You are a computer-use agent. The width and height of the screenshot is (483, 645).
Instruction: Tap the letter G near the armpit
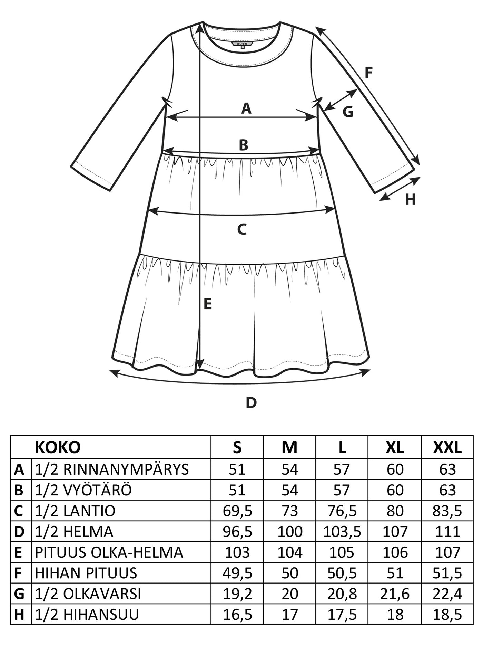pos(348,112)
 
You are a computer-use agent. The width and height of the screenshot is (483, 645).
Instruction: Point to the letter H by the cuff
pos(410,200)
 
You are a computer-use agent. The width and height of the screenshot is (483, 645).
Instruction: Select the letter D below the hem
pos(252,403)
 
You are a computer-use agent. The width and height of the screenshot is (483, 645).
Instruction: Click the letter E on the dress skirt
pos(207,304)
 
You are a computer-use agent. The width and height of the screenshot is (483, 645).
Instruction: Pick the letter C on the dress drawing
pos(242,229)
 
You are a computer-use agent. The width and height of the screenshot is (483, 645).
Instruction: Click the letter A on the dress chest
pos(246,108)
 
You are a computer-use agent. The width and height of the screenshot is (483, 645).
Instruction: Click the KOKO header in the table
pos(58,447)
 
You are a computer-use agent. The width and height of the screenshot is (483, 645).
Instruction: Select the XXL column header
pos(447,447)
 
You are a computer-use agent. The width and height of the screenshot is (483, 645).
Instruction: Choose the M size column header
pos(289,447)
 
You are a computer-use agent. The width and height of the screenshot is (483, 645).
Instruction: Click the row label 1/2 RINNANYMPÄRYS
pos(112,469)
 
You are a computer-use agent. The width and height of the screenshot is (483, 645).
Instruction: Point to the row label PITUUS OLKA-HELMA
pos(109,552)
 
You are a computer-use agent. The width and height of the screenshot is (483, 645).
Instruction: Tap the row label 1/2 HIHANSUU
pos(87,615)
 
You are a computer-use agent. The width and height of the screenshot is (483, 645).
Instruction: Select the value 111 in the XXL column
pos(447,532)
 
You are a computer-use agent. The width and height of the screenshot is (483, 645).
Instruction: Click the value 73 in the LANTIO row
pos(290,511)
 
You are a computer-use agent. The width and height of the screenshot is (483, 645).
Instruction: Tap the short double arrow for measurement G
pos(341,100)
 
